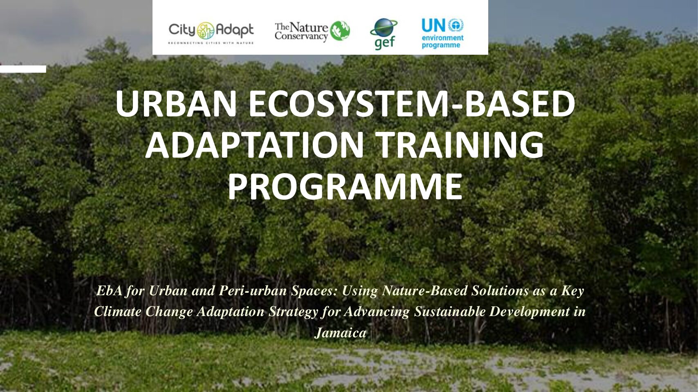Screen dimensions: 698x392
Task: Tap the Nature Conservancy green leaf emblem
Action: click(340, 31)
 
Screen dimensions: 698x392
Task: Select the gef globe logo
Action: click(384, 34)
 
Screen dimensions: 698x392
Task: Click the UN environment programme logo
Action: click(442, 33)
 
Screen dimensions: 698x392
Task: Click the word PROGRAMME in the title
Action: click(345, 187)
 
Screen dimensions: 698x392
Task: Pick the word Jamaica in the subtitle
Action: click(340, 333)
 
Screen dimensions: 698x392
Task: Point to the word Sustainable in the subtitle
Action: click(450, 312)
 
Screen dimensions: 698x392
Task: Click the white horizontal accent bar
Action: click(23, 69)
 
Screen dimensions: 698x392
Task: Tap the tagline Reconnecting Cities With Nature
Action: click(211, 43)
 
